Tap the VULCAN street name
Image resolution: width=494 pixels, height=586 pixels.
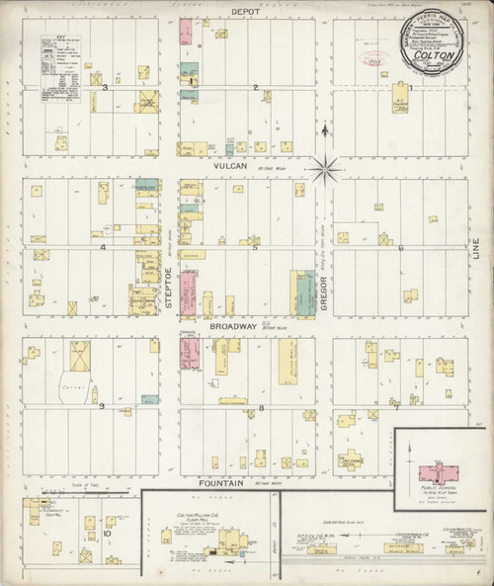click(x=229, y=168)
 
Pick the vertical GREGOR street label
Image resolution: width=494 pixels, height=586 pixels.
click(x=323, y=293)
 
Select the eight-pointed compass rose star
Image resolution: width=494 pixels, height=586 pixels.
click(x=324, y=168)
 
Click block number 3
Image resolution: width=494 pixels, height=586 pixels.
click(x=118, y=88)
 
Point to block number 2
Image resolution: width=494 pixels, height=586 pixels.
click(x=256, y=88)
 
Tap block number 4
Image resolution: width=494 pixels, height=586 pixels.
click(x=103, y=247)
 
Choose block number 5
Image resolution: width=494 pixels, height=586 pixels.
click(x=256, y=248)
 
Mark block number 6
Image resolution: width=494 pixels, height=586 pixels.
click(x=400, y=248)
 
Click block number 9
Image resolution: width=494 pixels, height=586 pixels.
click(x=100, y=405)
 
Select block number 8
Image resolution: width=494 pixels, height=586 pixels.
click(x=261, y=406)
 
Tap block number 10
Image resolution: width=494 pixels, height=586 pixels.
click(x=106, y=533)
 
